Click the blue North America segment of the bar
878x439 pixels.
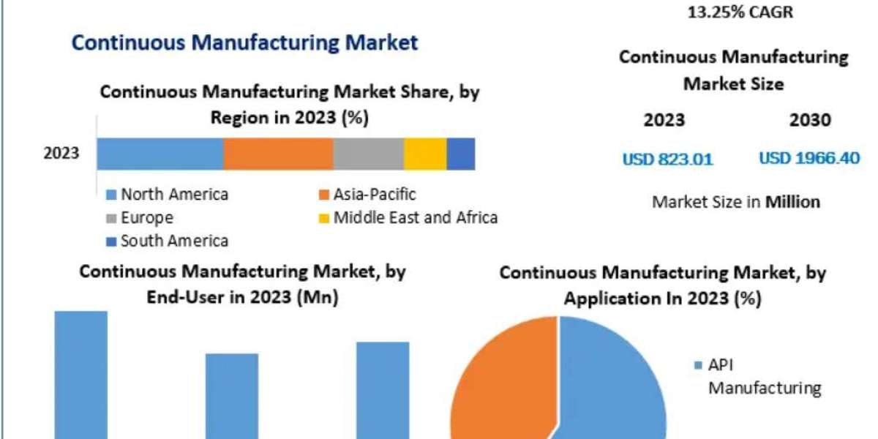point(160,154)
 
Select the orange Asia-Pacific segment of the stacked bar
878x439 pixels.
point(278,154)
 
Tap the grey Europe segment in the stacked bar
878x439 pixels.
point(368,154)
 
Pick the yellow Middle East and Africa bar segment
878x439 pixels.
point(425,154)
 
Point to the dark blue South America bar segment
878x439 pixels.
point(461,154)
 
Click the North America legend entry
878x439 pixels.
point(168,195)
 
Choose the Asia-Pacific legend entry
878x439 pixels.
point(367,195)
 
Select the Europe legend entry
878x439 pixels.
point(140,218)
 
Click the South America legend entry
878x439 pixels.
point(168,241)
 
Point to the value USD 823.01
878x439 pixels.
point(667,159)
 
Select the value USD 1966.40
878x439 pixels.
point(808,159)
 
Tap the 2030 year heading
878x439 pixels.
point(810,120)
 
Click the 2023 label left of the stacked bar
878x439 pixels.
point(61,154)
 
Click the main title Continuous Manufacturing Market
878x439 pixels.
point(244,42)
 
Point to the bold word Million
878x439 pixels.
point(792,202)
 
